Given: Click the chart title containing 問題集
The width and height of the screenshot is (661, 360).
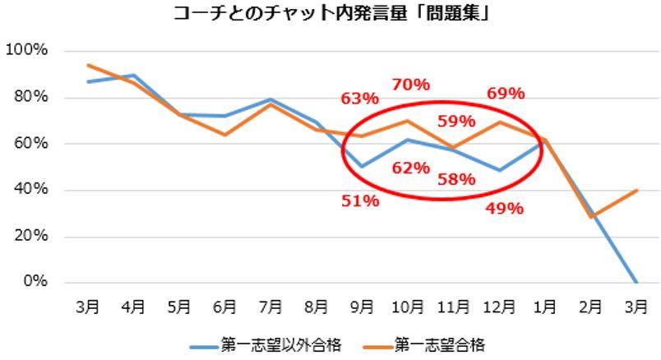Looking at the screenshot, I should [331, 13].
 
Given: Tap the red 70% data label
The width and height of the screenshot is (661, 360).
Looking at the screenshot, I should [410, 84].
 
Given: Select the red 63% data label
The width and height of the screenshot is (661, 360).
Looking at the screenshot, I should [360, 99].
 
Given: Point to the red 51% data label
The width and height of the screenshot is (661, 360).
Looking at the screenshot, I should [360, 201].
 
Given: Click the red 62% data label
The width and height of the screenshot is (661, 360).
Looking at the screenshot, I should [410, 168].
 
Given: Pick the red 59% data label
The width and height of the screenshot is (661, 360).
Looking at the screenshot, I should [455, 122].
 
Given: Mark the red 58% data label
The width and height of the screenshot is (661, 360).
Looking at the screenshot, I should [455, 179].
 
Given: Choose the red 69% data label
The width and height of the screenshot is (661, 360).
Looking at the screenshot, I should [505, 94].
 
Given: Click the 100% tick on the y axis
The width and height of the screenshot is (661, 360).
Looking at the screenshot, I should [26, 51].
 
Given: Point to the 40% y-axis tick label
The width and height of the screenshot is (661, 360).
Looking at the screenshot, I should [30, 190].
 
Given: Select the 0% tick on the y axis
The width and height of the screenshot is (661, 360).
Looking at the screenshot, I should [34, 283].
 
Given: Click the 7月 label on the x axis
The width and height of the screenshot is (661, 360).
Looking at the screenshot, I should [270, 307].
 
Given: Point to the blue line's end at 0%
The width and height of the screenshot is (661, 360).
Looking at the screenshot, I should [637, 283].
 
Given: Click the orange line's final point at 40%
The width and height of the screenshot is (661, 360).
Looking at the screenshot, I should [637, 191].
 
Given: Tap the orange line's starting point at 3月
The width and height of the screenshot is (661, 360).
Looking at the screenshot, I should [88, 65].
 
